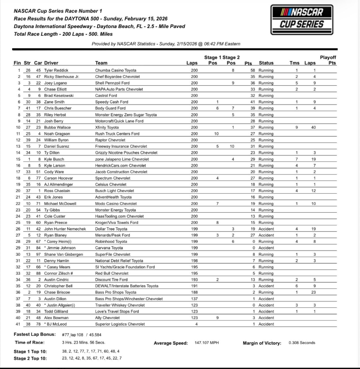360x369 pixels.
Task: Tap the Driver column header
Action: pos(51,63)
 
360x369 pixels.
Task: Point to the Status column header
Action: pos(266,63)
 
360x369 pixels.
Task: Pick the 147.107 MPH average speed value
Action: pos(206,343)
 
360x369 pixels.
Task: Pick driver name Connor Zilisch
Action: pos(59,273)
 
